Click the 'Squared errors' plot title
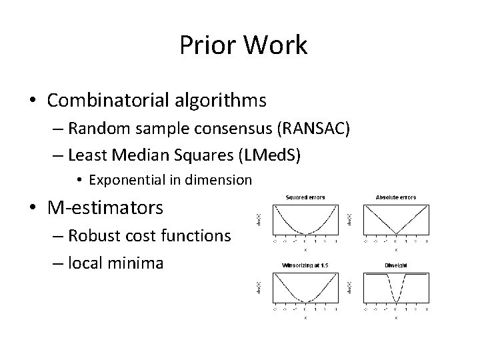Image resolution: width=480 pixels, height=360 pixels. coord(304,197)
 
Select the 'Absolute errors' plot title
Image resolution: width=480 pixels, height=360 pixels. coord(395,197)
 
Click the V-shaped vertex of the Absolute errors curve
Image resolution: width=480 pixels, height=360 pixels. coord(395,234)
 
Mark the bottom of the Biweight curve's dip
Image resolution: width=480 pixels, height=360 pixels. coord(395,301)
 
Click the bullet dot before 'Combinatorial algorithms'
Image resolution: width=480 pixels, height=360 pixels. coord(33,101)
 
